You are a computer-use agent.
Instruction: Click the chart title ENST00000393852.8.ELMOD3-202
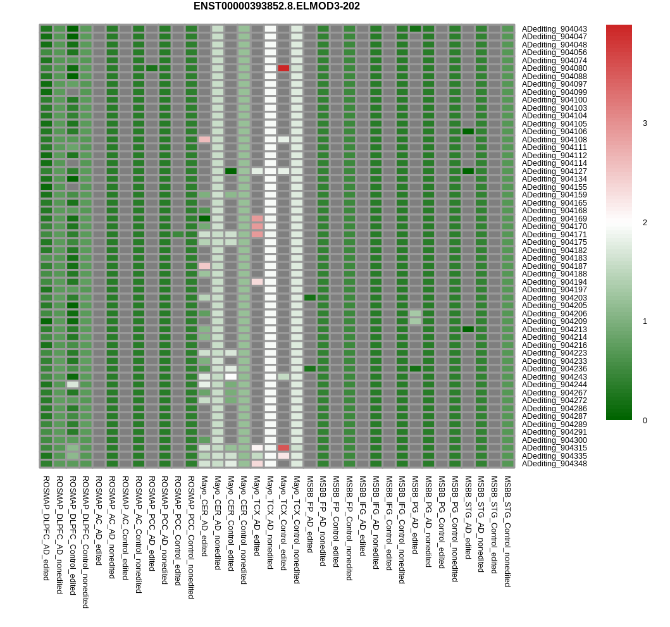[276, 6]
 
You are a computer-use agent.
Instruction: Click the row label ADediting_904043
[554, 29]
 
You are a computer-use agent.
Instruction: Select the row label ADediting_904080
[554, 68]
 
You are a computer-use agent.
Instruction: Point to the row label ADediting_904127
[554, 171]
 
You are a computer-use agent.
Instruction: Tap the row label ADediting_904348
[554, 464]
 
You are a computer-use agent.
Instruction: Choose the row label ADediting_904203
[554, 298]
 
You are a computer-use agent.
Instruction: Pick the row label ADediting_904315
[554, 448]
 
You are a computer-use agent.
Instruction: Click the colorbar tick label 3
[645, 123]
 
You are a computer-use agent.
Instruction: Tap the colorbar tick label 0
[645, 421]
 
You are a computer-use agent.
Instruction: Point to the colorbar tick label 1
[645, 321]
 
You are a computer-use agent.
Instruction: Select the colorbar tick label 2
[645, 223]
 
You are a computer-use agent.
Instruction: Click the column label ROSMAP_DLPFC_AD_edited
[46, 528]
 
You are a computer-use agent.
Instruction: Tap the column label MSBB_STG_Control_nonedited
[507, 531]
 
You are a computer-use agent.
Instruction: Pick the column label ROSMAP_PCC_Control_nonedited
[191, 537]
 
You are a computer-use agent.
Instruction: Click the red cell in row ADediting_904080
[283, 68]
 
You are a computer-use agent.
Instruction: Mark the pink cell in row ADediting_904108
[204, 139]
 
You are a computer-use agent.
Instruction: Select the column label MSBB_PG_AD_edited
[415, 515]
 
